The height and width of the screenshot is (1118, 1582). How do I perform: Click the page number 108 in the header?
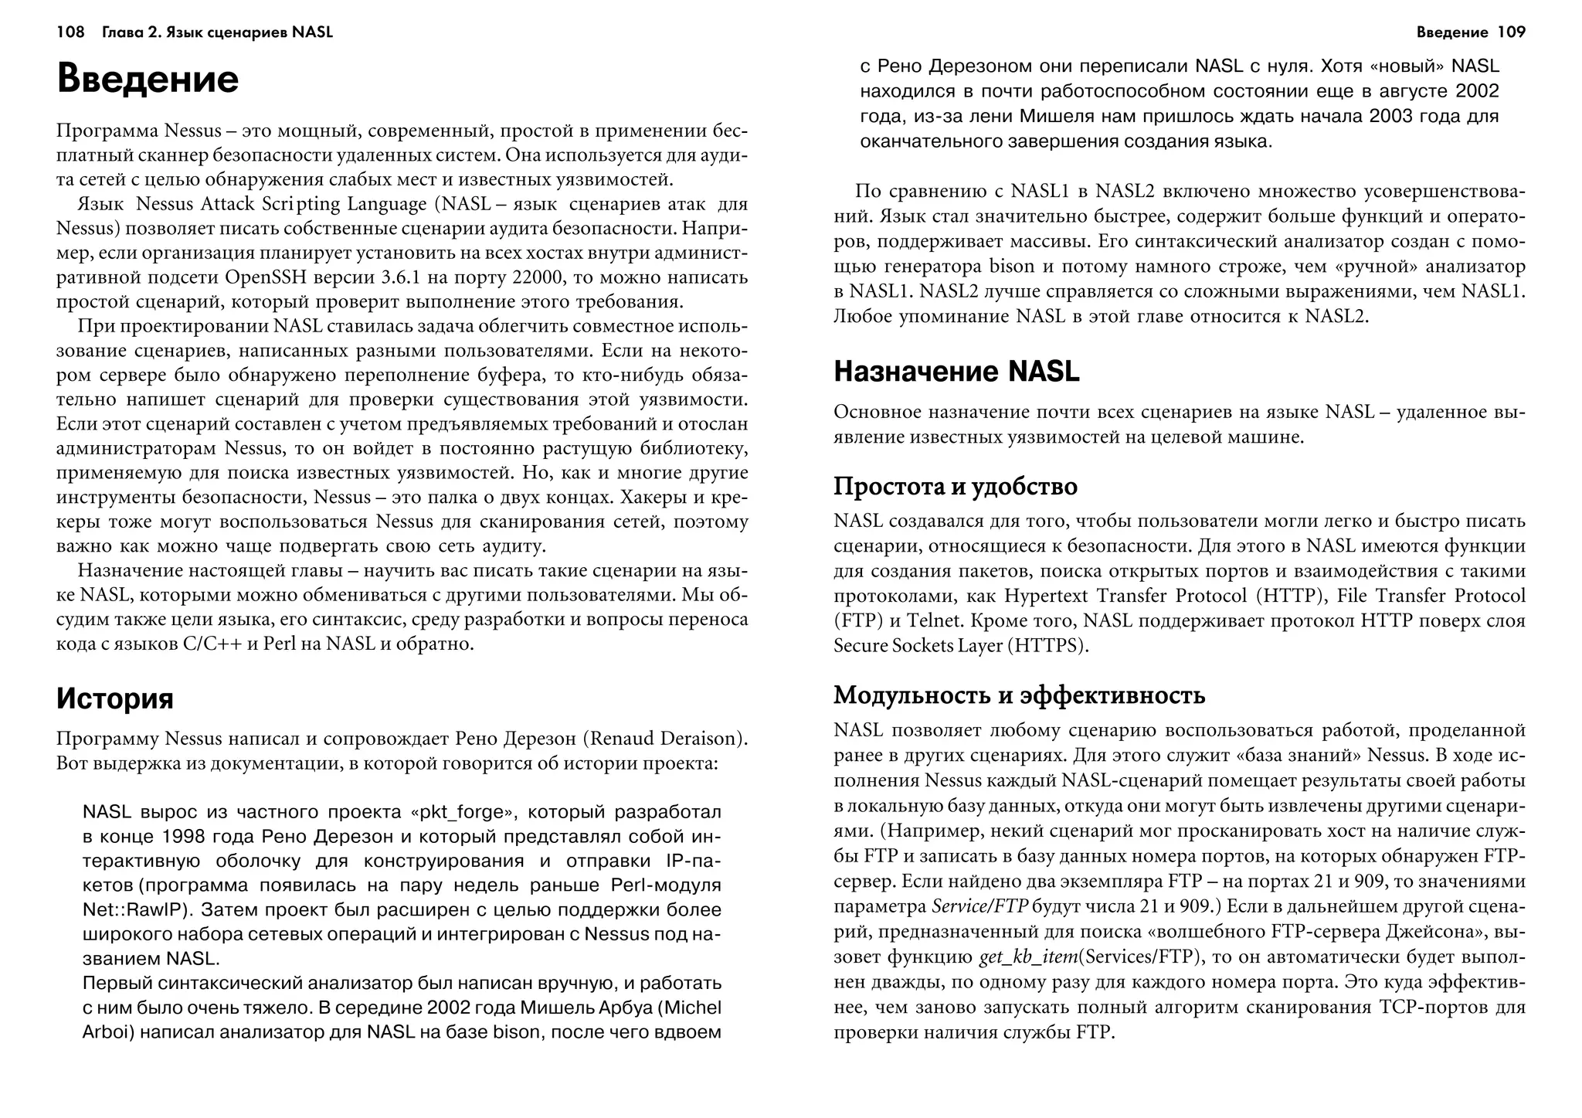[70, 32]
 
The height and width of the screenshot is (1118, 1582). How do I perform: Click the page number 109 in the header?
[1511, 32]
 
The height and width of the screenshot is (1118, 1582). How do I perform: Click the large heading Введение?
[148, 80]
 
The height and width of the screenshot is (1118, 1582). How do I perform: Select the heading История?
[115, 698]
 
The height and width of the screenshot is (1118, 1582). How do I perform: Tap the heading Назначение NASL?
[956, 372]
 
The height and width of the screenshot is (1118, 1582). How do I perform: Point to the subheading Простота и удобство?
[956, 487]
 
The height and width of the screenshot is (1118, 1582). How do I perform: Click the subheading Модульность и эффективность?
[1019, 695]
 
